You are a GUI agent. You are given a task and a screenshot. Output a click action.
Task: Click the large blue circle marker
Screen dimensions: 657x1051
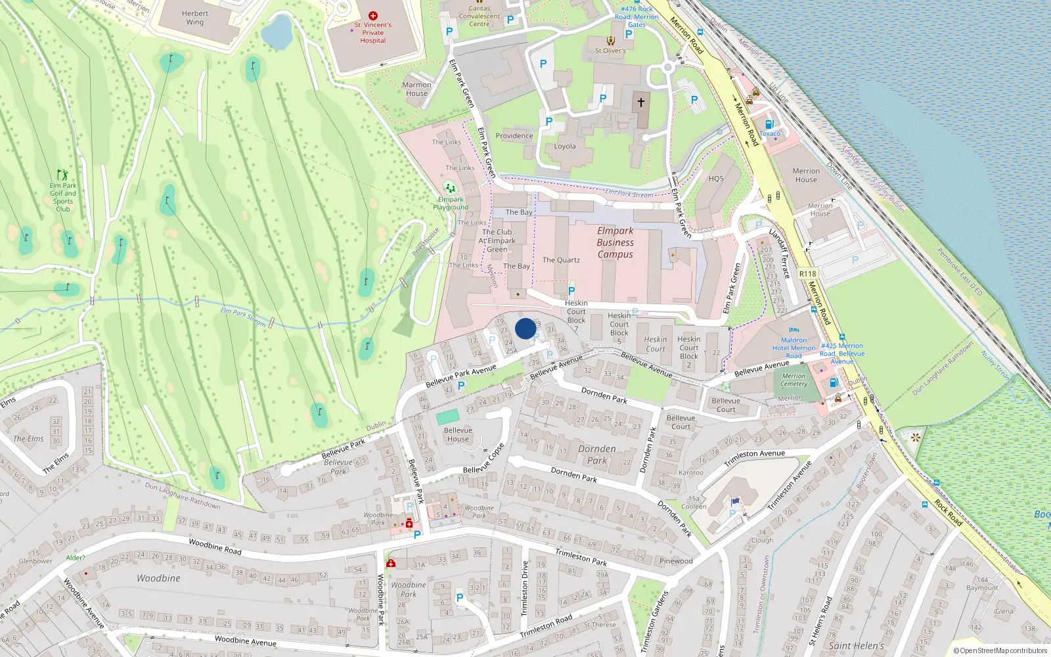pos(525,328)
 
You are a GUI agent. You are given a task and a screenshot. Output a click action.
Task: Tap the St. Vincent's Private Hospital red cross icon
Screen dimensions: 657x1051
pos(373,15)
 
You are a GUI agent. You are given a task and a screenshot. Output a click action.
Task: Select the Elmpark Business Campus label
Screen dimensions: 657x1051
pos(615,242)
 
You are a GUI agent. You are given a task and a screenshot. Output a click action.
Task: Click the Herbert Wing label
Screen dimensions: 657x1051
pos(195,18)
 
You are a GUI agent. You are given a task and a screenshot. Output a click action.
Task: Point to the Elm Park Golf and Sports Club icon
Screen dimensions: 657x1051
pos(62,175)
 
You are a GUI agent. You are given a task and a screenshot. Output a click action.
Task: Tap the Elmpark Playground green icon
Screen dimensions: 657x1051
pos(450,188)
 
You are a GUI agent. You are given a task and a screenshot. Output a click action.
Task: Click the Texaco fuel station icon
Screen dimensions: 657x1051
pos(769,124)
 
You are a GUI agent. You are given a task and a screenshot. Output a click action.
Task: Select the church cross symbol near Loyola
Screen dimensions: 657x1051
pos(641,102)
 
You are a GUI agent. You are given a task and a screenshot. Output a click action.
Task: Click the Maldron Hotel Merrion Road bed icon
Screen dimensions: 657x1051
pos(794,330)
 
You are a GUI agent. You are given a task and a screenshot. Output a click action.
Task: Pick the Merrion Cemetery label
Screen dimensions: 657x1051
pos(794,380)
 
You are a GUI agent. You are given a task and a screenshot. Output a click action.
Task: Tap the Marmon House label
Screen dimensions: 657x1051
pos(416,89)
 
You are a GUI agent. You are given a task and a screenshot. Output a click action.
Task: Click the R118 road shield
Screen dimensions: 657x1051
pos(807,274)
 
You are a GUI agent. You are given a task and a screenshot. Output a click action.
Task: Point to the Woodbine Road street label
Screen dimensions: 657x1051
pos(215,547)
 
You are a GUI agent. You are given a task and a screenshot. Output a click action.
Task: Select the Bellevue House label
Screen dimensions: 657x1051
pos(458,434)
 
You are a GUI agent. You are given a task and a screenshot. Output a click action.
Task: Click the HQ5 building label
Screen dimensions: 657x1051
pos(716,179)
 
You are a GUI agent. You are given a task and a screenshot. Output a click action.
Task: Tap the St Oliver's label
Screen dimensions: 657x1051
pos(610,50)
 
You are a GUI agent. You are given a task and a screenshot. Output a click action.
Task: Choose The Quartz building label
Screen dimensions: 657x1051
pos(561,260)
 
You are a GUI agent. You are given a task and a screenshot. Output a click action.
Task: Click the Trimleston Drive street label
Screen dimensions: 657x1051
pos(524,589)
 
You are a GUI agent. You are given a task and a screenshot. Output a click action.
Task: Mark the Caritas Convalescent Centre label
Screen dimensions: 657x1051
pos(480,16)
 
